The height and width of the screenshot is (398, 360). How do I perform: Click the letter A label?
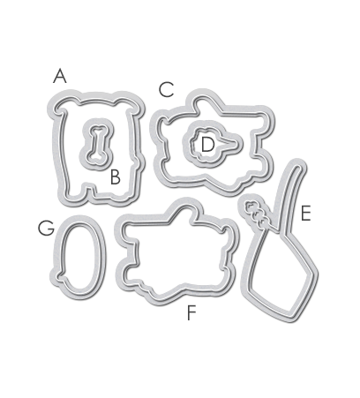coord(60,76)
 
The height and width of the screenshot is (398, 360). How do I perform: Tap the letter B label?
coord(116,177)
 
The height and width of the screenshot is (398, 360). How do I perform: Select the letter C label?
coord(167,90)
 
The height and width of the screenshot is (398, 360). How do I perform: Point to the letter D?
coord(207,145)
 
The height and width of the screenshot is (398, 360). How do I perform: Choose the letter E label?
coord(306,214)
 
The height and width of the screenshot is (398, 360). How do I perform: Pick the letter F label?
coord(191,312)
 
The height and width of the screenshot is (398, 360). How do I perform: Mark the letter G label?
coord(46,229)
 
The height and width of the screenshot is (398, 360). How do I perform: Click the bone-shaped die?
coord(97,144)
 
